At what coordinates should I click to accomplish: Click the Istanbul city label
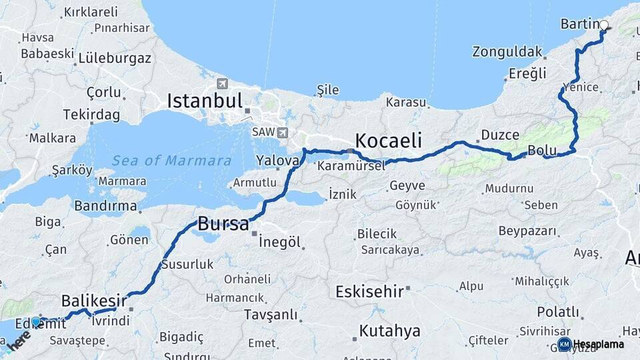pos(205,101)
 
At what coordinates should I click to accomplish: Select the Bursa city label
pos(223,223)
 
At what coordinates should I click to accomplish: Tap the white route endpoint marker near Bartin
pos(604,25)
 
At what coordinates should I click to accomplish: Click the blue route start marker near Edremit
pos(36,321)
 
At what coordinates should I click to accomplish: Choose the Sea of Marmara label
pos(171,161)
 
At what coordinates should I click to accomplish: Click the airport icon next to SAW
pos(283,132)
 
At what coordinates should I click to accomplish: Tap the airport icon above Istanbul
pos(221,83)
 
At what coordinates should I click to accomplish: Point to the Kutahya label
pos(390,331)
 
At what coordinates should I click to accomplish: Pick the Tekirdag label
pos(91,115)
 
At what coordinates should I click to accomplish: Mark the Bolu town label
pos(537,150)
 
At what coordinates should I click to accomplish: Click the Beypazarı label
pos(527,231)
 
